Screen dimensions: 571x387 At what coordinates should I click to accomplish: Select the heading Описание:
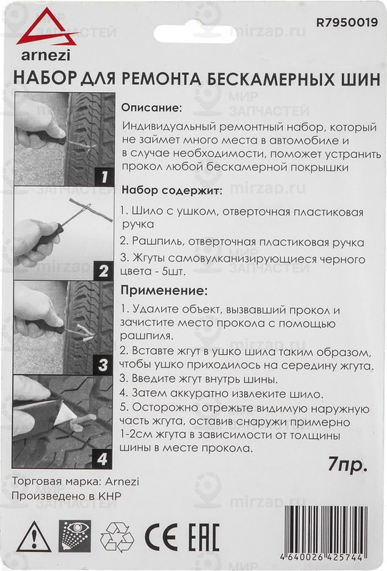(151, 108)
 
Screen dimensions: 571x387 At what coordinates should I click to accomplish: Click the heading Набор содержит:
(171, 191)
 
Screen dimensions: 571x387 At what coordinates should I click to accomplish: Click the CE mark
(158, 535)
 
